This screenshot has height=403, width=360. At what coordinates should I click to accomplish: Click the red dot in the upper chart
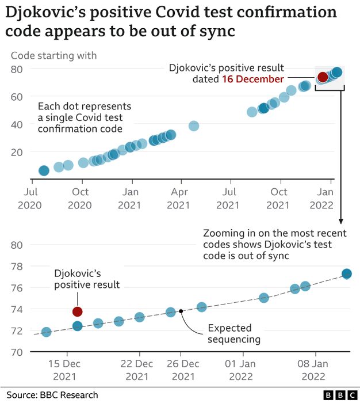click(323, 77)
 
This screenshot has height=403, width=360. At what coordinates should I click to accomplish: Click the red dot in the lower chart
click(78, 311)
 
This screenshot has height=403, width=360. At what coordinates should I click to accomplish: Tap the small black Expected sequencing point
click(181, 311)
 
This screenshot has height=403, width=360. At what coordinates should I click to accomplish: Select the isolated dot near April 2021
click(194, 126)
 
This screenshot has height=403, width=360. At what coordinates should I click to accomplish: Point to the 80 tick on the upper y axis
click(17, 69)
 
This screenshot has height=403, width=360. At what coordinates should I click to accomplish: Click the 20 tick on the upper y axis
click(17, 152)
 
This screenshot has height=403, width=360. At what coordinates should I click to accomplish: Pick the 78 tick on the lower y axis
click(17, 266)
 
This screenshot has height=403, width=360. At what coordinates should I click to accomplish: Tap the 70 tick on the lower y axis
click(17, 352)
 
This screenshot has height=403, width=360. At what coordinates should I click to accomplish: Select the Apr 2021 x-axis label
click(180, 198)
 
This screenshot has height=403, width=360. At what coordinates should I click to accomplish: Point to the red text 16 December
click(252, 79)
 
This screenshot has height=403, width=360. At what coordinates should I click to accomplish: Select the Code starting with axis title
click(54, 55)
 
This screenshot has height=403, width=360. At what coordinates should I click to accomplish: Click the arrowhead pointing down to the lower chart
click(340, 220)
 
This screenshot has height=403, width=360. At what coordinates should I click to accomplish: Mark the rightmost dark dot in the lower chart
click(347, 273)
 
